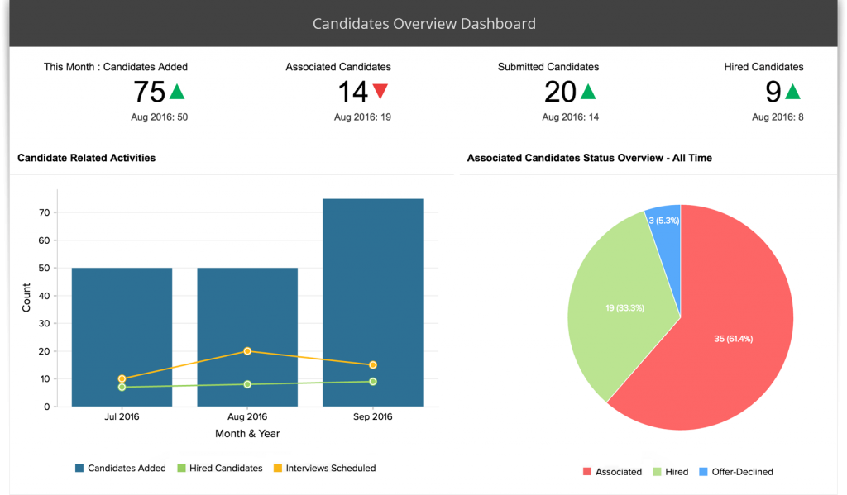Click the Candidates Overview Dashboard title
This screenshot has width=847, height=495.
[423, 24]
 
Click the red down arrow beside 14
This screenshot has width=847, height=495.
[380, 91]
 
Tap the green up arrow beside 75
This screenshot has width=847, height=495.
[177, 91]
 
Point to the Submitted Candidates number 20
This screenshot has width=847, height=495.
[560, 92]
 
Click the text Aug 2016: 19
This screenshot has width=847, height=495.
[362, 117]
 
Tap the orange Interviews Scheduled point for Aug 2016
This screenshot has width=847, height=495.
[247, 351]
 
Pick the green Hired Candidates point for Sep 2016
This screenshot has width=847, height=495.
[373, 382]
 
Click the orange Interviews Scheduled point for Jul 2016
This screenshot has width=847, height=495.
[122, 378]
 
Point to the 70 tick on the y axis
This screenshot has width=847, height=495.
[44, 212]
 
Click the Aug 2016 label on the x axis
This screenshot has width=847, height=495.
[247, 416]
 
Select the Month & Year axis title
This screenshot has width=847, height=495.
[246, 433]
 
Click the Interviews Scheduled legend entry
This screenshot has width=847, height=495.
[330, 469]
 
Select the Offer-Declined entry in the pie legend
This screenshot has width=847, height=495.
[740, 472]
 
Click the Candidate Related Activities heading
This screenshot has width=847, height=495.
[86, 157]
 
